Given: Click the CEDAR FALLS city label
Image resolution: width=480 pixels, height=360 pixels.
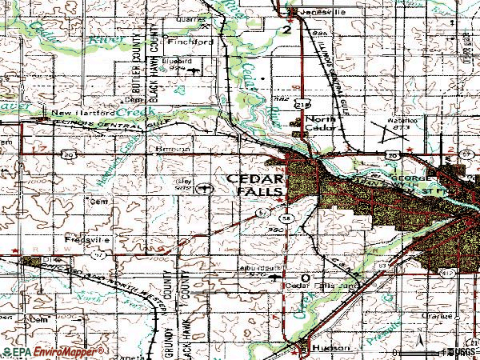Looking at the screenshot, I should [x=254, y=185].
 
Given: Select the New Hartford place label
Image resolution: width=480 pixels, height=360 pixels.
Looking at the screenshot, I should [x=79, y=114].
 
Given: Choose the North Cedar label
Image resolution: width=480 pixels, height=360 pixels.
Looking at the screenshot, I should [x=324, y=124].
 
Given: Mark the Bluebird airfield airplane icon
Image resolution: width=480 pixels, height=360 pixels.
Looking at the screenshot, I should [x=194, y=70].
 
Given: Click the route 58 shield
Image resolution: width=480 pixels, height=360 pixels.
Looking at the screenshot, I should [x=285, y=218].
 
